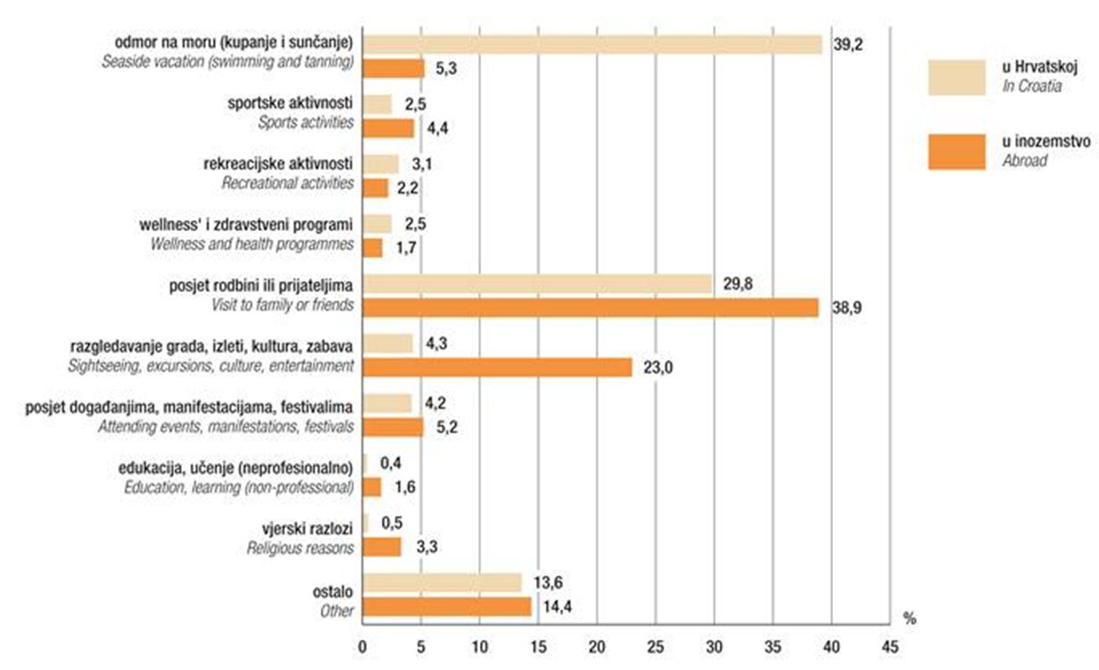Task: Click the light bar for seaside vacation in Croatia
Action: click(x=592, y=44)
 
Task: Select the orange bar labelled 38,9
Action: click(x=591, y=308)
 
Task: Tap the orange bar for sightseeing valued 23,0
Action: click(x=498, y=367)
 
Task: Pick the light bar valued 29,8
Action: click(x=538, y=284)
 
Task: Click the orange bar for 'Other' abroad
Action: click(x=447, y=608)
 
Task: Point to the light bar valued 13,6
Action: click(x=442, y=583)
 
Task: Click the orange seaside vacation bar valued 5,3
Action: click(x=393, y=68)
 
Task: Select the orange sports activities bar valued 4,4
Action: click(x=389, y=128)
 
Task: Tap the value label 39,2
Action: click(x=848, y=43)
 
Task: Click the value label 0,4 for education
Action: click(x=390, y=464)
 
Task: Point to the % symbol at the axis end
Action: click(x=909, y=617)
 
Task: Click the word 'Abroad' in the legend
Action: click(x=1024, y=161)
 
